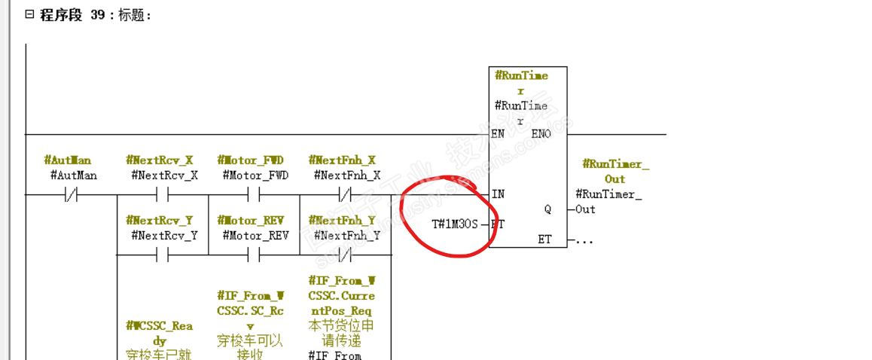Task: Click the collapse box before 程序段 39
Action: tap(29, 14)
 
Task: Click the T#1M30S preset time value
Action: tap(454, 224)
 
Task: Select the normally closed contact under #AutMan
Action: tap(71, 194)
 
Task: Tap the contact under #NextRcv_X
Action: tap(162, 194)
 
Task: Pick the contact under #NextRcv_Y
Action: tap(162, 255)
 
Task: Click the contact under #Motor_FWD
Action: tap(254, 194)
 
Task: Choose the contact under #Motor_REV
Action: tap(254, 255)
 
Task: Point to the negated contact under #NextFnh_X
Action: tap(345, 194)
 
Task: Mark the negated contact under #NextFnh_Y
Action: tap(345, 255)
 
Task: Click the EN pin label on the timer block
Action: tap(498, 134)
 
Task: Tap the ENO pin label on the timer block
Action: tap(541, 134)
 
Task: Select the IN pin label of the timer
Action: tap(498, 194)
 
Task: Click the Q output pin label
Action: tap(547, 209)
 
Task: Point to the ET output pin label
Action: tap(544, 239)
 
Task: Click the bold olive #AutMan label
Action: tap(68, 160)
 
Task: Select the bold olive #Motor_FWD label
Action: tap(251, 160)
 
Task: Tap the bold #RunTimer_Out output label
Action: tap(615, 172)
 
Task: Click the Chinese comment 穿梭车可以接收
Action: tap(251, 347)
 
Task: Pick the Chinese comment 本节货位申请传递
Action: tap(341, 333)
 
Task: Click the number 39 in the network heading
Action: tap(98, 14)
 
